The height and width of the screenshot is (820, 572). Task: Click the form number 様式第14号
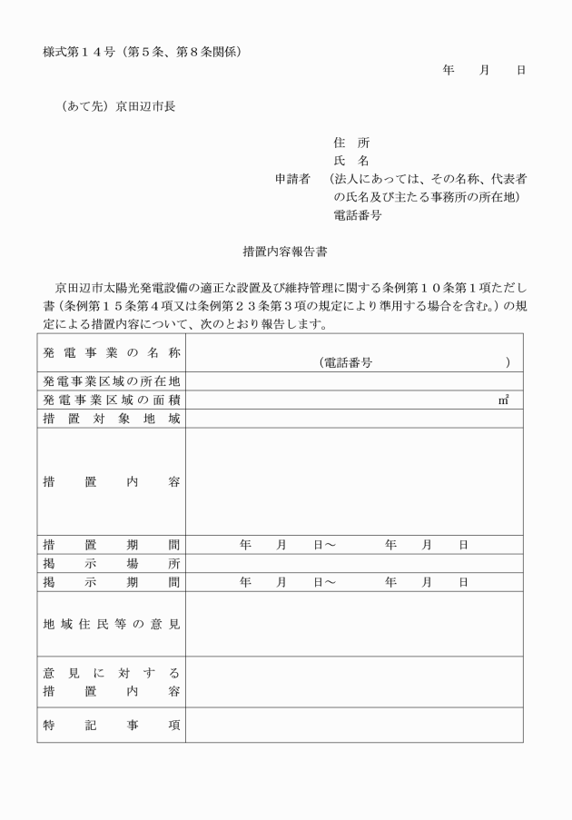pyautogui.click(x=77, y=51)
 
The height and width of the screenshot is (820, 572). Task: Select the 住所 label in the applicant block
pyautogui.click(x=351, y=143)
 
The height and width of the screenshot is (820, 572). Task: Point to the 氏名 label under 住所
pyautogui.click(x=351, y=161)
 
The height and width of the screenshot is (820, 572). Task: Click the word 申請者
pyautogui.click(x=293, y=179)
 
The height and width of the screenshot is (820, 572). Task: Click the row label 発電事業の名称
pyautogui.click(x=111, y=352)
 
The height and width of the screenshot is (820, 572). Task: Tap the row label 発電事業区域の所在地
pyautogui.click(x=111, y=381)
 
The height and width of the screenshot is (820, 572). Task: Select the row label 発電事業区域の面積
pyautogui.click(x=111, y=400)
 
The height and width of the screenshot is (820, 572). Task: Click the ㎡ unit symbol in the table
pyautogui.click(x=503, y=400)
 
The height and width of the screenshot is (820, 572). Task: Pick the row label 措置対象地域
pyautogui.click(x=111, y=419)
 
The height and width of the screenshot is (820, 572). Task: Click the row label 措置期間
pyautogui.click(x=111, y=545)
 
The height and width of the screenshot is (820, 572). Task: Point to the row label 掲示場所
pyautogui.click(x=111, y=564)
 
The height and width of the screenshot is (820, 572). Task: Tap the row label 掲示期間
pyautogui.click(x=111, y=582)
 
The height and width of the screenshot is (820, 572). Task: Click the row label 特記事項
pyautogui.click(x=111, y=725)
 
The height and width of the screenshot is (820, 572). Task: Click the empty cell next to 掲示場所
pyautogui.click(x=354, y=564)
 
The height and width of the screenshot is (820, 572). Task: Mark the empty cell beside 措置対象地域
pyautogui.click(x=354, y=419)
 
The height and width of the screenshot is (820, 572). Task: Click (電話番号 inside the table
pyautogui.click(x=346, y=362)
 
